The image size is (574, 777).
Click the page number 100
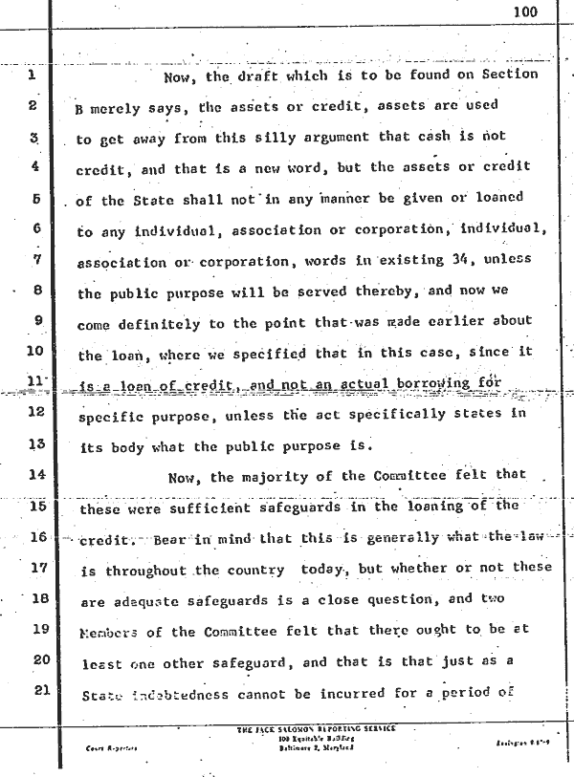point(525,12)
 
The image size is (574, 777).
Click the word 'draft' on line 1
point(261,75)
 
